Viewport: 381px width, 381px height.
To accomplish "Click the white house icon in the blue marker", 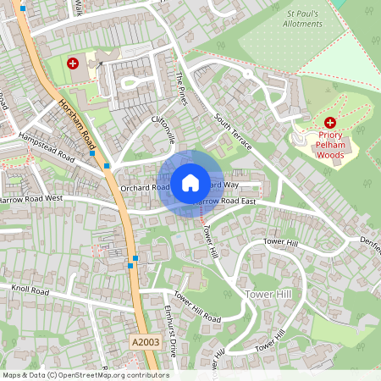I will (190, 183).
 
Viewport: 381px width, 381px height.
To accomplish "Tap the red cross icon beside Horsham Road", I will (74, 63).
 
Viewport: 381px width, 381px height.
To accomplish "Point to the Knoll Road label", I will (31, 290).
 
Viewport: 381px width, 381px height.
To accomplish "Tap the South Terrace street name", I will (233, 132).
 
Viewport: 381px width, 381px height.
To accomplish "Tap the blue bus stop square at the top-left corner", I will (23, 8).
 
